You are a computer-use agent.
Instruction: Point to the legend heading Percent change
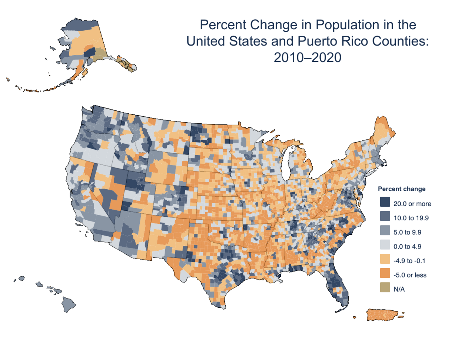(402, 189)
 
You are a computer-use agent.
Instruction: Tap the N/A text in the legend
(399, 289)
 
